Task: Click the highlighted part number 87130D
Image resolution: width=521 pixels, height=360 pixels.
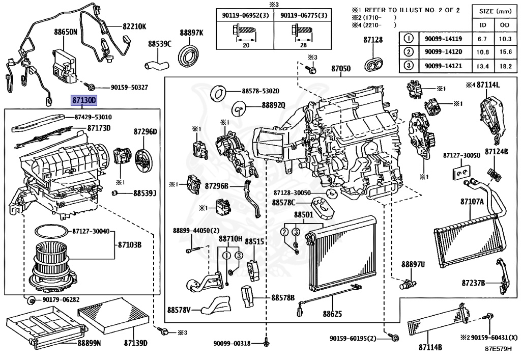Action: point(83,101)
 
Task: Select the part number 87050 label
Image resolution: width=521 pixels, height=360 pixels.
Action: point(341,68)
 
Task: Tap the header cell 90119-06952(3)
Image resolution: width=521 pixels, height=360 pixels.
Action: point(245,16)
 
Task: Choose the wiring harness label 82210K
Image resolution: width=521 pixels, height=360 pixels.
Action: point(134,26)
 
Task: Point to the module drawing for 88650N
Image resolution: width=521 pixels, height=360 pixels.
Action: point(65,64)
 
